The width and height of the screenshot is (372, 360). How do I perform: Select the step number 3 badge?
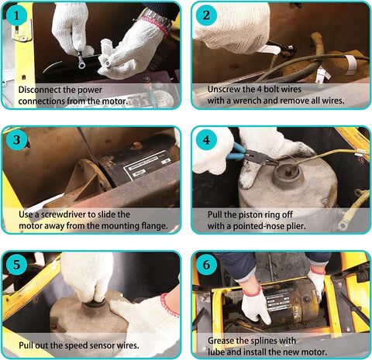click(x=17, y=141)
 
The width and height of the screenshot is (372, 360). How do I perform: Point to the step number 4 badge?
click(x=206, y=141)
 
